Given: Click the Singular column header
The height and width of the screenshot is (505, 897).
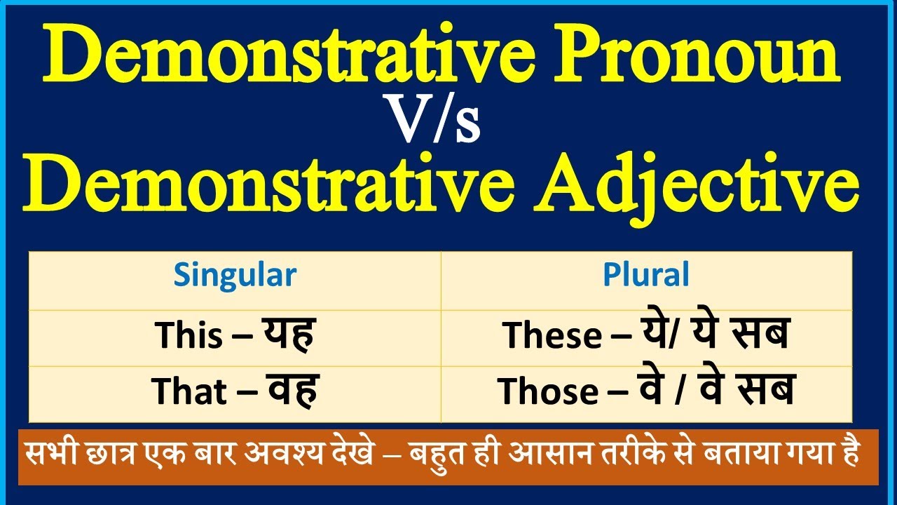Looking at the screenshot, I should [235, 275].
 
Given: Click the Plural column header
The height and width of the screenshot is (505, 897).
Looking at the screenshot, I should [646, 275].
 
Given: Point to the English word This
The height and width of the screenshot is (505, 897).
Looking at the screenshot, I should [186, 335].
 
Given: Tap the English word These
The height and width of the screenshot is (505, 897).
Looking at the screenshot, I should [552, 336].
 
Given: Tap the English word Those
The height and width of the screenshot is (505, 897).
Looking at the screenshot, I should [548, 392].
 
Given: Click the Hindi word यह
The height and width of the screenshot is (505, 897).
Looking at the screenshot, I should [289, 334].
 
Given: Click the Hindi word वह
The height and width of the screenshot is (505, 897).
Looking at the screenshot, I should [292, 391].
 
